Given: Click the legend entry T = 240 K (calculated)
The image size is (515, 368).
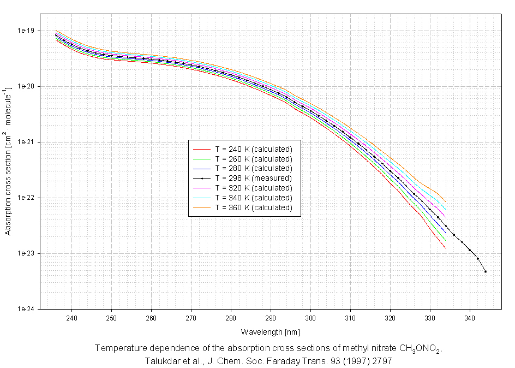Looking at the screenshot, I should pyautogui.click(x=254, y=149).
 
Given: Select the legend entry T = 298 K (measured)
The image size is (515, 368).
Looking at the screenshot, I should pyautogui.click(x=254, y=178).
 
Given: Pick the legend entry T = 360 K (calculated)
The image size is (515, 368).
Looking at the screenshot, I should pyautogui.click(x=254, y=207).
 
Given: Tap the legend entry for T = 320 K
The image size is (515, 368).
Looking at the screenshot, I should pyautogui.click(x=254, y=188).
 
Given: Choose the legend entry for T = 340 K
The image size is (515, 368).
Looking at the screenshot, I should pyautogui.click(x=254, y=198).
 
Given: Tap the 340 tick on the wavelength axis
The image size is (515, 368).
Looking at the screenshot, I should pyautogui.click(x=470, y=317).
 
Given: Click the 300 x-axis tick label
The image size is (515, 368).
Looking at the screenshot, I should pyautogui.click(x=310, y=317).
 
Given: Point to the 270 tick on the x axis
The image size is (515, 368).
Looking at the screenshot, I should pyautogui.click(x=191, y=317).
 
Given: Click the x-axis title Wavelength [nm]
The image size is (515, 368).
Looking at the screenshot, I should pyautogui.click(x=270, y=331).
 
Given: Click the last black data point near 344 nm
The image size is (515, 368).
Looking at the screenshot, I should pyautogui.click(x=486, y=271).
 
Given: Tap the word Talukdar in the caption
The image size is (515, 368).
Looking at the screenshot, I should pyautogui.click(x=163, y=361).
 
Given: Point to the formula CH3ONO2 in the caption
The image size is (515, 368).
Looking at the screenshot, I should pyautogui.click(x=418, y=349).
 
